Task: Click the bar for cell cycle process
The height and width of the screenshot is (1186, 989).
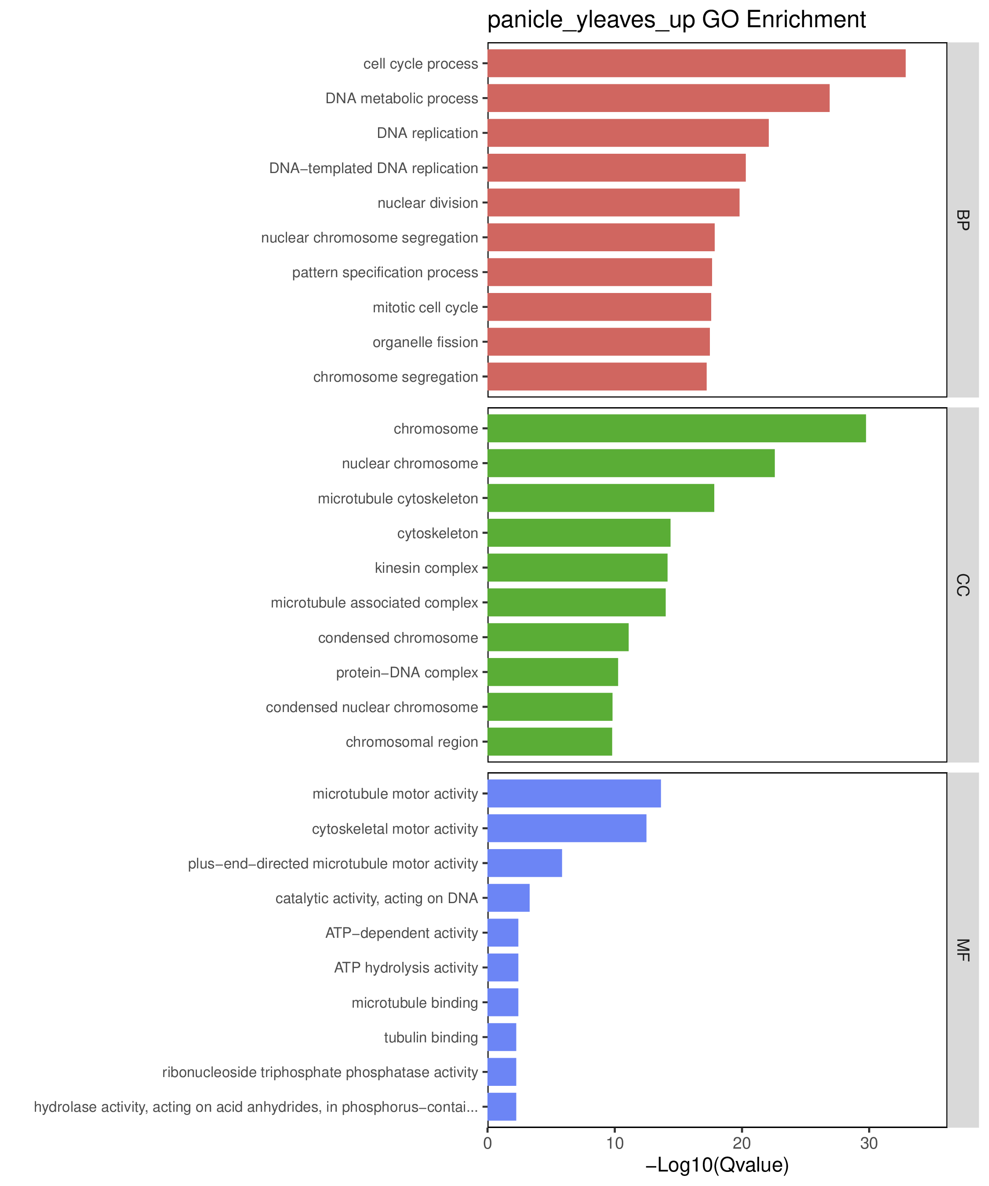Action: point(696,63)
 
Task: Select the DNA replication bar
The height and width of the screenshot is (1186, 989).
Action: point(628,133)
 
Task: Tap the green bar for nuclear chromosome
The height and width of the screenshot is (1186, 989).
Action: point(631,463)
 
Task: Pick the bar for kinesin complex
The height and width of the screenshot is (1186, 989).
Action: point(578,568)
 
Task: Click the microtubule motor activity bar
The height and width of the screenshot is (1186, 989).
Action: point(574,793)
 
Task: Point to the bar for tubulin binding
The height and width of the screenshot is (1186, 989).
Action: point(502,1037)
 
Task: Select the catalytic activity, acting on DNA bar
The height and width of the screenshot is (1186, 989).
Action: point(509,898)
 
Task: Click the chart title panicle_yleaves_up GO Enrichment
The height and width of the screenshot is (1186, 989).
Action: point(676,20)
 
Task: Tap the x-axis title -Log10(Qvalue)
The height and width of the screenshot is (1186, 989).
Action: point(716,1164)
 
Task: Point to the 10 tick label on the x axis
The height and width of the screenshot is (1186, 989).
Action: point(615,1144)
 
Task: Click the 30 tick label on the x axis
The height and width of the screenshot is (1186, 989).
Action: point(869,1144)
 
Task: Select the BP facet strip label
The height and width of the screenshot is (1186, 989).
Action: point(963,220)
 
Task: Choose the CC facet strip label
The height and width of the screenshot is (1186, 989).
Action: point(963,585)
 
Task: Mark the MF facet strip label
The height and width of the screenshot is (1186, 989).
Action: point(963,950)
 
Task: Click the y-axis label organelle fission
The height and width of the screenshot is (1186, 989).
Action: point(425,342)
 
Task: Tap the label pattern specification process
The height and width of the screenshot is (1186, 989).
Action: point(385,273)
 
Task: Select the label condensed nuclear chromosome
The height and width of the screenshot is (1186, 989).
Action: point(372,707)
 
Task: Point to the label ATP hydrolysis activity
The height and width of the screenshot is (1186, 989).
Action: point(406,967)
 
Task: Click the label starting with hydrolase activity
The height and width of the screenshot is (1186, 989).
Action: point(256,1107)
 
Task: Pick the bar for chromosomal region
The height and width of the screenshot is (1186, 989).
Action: point(550,741)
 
